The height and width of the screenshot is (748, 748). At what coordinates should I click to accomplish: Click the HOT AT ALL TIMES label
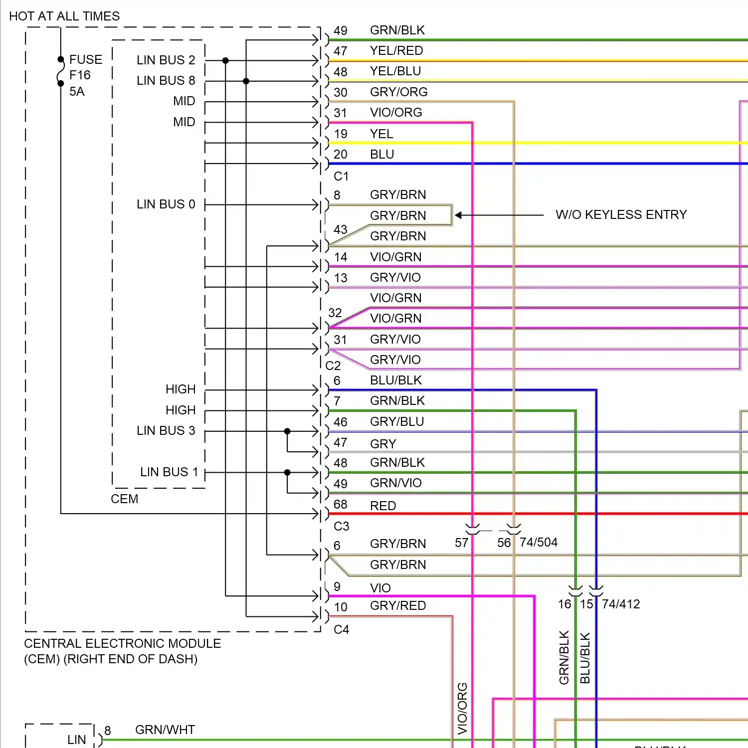[x=64, y=16]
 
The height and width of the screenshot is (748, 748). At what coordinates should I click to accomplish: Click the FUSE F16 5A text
[x=85, y=75]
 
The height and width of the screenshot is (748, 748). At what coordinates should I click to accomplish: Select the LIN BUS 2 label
[x=166, y=60]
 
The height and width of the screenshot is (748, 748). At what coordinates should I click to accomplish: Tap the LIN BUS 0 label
[x=166, y=204]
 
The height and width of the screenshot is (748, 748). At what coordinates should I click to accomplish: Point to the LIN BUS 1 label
[x=169, y=472]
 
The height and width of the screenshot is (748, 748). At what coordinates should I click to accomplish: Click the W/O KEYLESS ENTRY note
[x=621, y=214]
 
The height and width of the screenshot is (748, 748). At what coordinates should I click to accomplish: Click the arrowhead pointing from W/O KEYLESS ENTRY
[x=458, y=215]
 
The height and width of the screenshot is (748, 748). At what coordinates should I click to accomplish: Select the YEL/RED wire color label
[x=396, y=50]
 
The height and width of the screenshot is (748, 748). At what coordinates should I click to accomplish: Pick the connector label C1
[x=341, y=176]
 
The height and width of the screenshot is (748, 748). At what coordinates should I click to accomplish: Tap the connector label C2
[x=333, y=366]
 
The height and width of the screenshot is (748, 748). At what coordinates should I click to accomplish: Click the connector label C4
[x=341, y=629]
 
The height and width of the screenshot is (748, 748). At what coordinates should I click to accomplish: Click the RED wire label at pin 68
[x=383, y=506]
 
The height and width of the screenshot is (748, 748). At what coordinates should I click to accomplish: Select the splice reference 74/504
[x=539, y=542]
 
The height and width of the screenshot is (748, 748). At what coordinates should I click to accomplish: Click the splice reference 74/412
[x=621, y=604]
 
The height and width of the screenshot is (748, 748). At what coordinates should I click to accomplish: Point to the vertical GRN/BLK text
[x=564, y=657]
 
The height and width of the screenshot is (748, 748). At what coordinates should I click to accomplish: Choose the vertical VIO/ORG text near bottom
[x=462, y=708]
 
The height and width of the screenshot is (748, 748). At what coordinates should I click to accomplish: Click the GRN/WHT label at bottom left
[x=165, y=730]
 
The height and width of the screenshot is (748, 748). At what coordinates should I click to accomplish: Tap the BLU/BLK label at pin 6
[x=396, y=380]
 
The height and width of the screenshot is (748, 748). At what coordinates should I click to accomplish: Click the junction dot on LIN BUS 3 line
[x=287, y=431]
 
